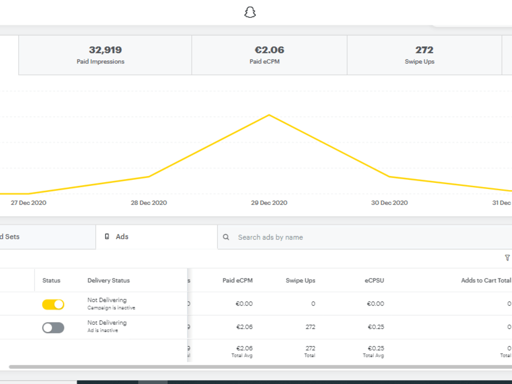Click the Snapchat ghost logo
coord(250,12)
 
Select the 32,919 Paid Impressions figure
coord(105,50)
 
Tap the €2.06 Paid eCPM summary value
coord(269,50)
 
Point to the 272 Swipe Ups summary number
coord(424,50)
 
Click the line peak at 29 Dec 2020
coord(269,115)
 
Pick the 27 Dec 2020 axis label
coord(28,203)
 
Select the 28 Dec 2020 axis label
coord(149,203)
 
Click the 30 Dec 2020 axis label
coord(389,203)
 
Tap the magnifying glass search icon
coord(226,237)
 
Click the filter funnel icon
coord(507,258)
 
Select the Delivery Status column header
coord(109,281)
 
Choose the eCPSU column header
coord(374,281)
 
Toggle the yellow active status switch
coord(53,304)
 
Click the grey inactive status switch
coord(53,328)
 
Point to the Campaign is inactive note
coord(111,308)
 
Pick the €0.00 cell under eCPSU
coord(375,304)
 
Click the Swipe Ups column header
coord(301,281)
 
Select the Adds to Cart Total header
coord(486,281)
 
